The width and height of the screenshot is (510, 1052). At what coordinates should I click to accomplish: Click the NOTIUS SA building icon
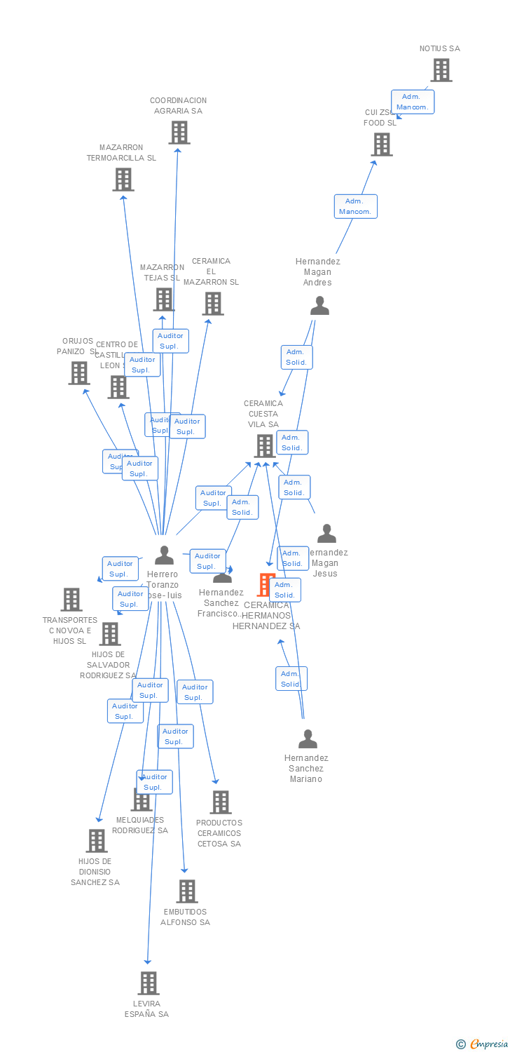pyautogui.click(x=441, y=70)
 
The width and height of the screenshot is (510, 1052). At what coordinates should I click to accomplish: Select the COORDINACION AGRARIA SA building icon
pyautogui.click(x=179, y=132)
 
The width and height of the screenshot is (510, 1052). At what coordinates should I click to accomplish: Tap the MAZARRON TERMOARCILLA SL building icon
pyautogui.click(x=123, y=180)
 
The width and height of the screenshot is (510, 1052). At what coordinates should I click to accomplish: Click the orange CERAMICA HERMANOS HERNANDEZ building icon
pyautogui.click(x=265, y=584)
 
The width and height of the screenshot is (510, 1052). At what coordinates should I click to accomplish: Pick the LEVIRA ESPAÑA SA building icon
pyautogui.click(x=149, y=983)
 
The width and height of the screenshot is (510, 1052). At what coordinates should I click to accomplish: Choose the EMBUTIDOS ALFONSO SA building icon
pyautogui.click(x=187, y=891)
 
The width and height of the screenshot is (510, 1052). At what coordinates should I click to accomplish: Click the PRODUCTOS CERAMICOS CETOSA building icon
pyautogui.click(x=221, y=802)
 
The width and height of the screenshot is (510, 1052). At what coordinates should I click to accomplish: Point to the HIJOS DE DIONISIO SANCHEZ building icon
pyautogui.click(x=97, y=841)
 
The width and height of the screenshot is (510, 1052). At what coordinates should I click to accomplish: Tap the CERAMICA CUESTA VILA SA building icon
pyautogui.click(x=265, y=445)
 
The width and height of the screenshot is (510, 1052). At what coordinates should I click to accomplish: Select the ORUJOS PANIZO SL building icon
pyautogui.click(x=79, y=373)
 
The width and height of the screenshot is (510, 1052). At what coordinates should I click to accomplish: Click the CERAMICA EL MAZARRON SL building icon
pyautogui.click(x=213, y=304)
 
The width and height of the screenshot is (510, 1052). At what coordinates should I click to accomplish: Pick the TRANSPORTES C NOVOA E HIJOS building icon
pyautogui.click(x=71, y=600)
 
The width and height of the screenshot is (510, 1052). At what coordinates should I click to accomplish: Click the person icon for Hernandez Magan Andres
pyautogui.click(x=319, y=306)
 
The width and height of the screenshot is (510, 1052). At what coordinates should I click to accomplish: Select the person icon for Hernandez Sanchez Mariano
pyautogui.click(x=308, y=739)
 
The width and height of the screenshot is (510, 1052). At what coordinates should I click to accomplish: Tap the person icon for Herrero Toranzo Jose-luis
pyautogui.click(x=164, y=555)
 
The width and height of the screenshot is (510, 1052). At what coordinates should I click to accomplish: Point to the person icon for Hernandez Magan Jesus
pyautogui.click(x=326, y=534)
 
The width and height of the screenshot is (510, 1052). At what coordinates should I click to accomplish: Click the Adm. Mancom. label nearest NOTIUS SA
pyautogui.click(x=413, y=102)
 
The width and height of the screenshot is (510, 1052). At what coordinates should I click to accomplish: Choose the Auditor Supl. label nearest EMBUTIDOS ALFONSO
pyautogui.click(x=175, y=736)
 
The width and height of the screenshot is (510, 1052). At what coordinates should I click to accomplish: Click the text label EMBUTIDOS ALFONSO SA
pyautogui.click(x=186, y=917)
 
